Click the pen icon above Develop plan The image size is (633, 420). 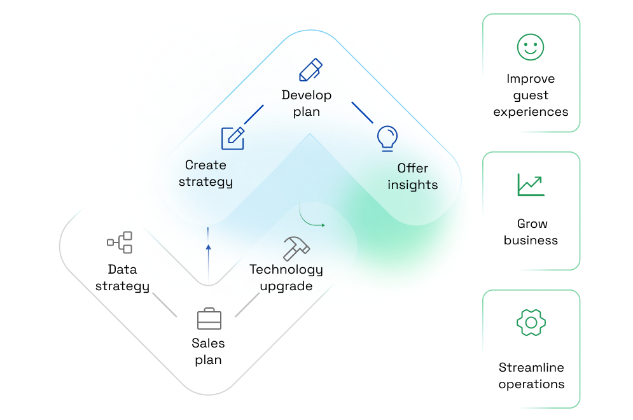click(310, 69)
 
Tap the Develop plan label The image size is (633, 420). click(307, 103)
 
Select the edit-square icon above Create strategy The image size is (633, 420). click(233, 137)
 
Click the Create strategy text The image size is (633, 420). click(205, 173)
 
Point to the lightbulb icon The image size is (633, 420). click(387, 137)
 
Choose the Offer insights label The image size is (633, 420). click(413, 176)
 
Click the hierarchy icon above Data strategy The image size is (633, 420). click(120, 242)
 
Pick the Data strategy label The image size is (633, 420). click(122, 277)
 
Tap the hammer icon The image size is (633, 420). click(296, 248)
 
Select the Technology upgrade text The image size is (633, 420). click(286, 277)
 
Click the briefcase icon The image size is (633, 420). click(209, 318)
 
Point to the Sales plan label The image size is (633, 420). click(208, 351)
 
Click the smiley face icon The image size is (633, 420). click(531, 47)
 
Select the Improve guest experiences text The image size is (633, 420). click(531, 95)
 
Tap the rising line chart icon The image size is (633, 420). click(531, 185)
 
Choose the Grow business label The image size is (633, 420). click(531, 232)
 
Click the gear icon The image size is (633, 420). click(531, 323)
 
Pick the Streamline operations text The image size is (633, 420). click(531, 375)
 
